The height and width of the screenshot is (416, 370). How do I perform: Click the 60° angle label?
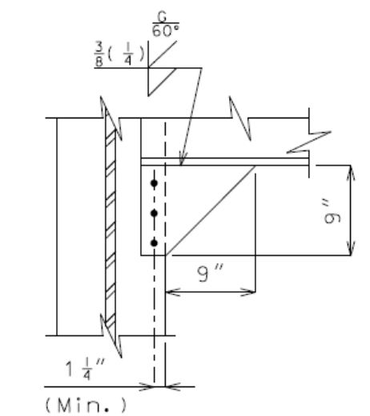click(x=166, y=30)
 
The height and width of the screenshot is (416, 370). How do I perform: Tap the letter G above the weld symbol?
click(x=162, y=17)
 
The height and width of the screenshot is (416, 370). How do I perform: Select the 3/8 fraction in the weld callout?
click(x=99, y=54)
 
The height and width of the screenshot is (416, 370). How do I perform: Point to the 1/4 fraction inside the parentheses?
click(x=128, y=54)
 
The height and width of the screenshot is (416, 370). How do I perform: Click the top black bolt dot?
click(x=154, y=183)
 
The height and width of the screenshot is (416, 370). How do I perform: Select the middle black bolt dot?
click(x=154, y=213)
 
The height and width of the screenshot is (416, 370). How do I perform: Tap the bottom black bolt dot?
click(x=154, y=243)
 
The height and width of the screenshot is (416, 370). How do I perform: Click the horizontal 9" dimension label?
click(x=211, y=273)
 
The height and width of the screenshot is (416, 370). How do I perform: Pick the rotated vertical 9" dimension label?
click(x=332, y=214)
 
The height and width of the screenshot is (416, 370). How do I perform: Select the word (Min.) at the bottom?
click(x=86, y=405)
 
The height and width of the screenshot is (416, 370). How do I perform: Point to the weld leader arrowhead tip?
click(x=181, y=166)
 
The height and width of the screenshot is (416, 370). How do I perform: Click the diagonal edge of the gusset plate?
click(x=211, y=210)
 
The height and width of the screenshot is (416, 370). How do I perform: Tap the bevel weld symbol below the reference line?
click(x=162, y=82)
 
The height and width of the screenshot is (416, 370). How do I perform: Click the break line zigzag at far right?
click(x=309, y=142)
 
